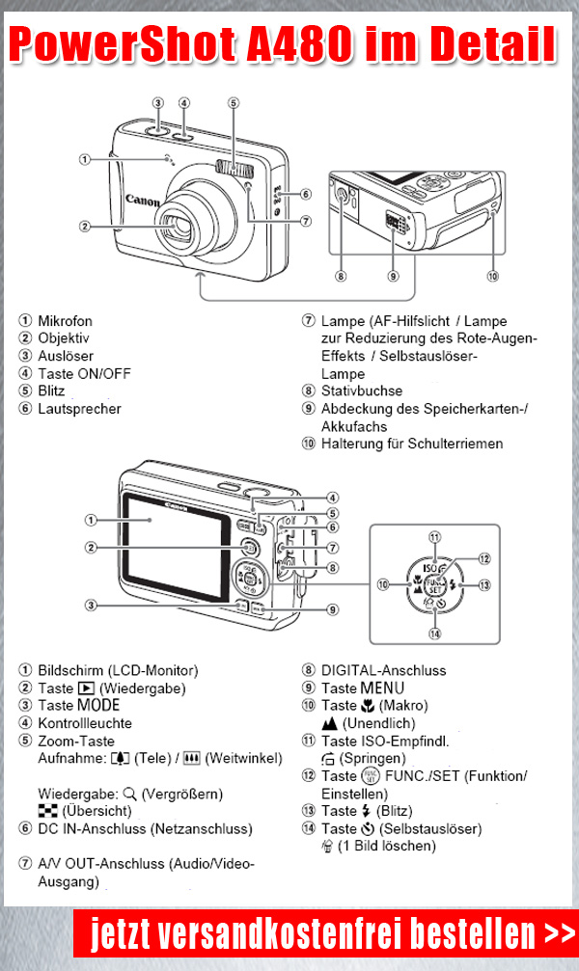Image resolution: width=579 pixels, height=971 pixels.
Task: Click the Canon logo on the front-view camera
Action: pyautogui.click(x=143, y=201)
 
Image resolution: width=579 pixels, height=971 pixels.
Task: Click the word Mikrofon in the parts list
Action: pyautogui.click(x=66, y=320)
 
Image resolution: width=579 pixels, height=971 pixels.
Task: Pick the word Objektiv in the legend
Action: pyautogui.click(x=64, y=338)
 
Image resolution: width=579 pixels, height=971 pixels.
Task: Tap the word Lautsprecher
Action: pyautogui.click(x=80, y=409)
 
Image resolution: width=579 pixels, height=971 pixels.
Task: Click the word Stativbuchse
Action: pyautogui.click(x=362, y=391)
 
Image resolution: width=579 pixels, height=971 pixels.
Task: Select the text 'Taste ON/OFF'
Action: pyautogui.click(x=84, y=374)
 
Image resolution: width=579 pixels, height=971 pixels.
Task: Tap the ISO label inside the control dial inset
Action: pyautogui.click(x=432, y=569)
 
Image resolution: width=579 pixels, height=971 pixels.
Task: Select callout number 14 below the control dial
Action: pyautogui.click(x=435, y=634)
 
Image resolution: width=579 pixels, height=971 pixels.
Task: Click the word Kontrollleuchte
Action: pyautogui.click(x=85, y=723)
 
